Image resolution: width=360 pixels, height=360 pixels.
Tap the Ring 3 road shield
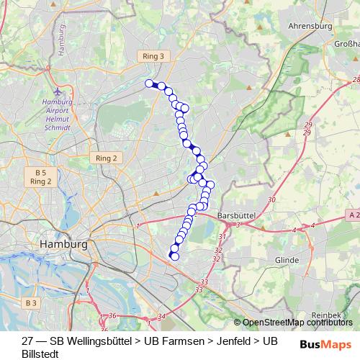click(x=153, y=55)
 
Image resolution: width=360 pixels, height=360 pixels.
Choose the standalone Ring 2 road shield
click(x=106, y=158)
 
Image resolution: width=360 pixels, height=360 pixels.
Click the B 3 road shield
click(x=30, y=303)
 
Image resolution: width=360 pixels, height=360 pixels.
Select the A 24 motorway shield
click(x=353, y=215)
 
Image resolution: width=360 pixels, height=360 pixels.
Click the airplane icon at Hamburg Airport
click(x=58, y=93)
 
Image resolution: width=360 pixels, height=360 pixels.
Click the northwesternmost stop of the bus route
click(x=150, y=84)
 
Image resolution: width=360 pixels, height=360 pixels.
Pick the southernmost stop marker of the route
click(x=174, y=256)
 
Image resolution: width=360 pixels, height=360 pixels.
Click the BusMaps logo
click(x=326, y=344)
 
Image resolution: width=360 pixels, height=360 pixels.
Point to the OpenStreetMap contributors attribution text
click(x=297, y=323)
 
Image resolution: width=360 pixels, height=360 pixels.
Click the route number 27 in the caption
click(x=27, y=340)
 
